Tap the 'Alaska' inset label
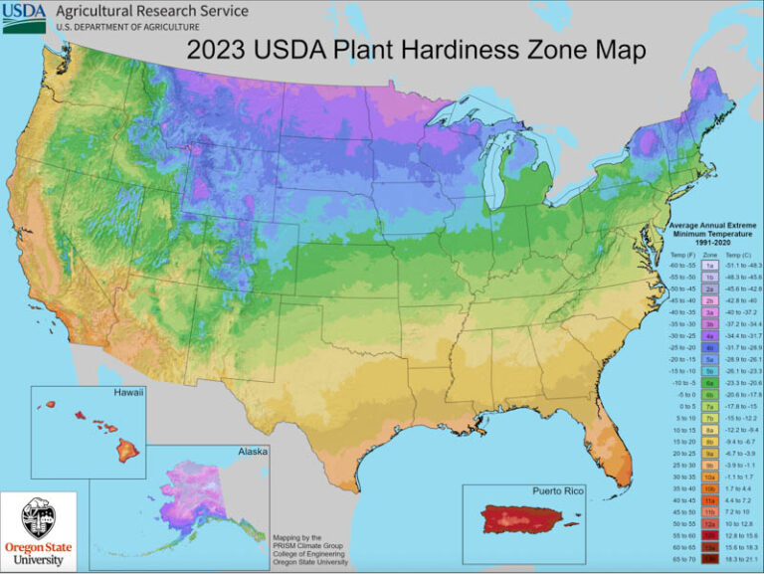(252, 451)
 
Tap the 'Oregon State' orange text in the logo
(40, 546)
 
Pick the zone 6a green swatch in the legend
(711, 381)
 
